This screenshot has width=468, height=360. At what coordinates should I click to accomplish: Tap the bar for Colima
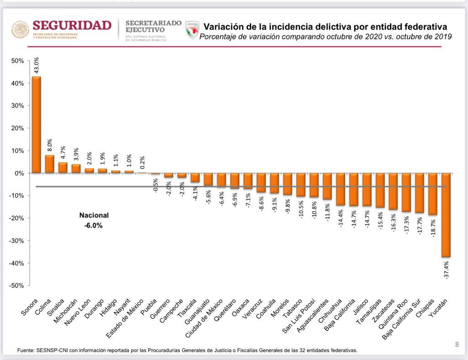pyautogui.click(x=49, y=164)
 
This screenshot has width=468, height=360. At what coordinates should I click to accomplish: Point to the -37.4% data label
pyautogui.click(x=446, y=270)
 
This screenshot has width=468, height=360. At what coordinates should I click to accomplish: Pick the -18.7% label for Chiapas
pyautogui.click(x=433, y=227)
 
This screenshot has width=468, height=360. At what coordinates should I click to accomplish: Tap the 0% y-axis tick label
pyautogui.click(x=19, y=173)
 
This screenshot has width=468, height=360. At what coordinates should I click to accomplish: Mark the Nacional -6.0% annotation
pyautogui.click(x=94, y=220)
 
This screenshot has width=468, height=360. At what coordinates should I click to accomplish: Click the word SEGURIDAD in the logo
pyautogui.click(x=72, y=25)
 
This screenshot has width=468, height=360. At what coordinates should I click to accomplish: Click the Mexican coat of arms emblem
pyautogui.click(x=20, y=30)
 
